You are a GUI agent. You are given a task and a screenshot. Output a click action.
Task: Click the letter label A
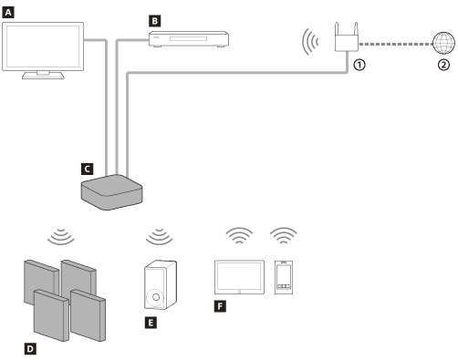[8, 12]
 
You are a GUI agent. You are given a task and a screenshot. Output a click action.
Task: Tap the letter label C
[87, 168]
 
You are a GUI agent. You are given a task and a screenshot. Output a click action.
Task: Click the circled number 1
[359, 65]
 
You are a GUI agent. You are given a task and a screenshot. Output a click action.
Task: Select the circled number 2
[443, 65]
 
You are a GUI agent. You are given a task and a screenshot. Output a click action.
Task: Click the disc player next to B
[189, 38]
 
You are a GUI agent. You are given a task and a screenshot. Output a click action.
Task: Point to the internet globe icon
[442, 43]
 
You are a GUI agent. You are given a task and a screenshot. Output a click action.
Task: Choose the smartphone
[284, 276]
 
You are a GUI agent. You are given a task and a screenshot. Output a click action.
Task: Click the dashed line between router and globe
[394, 43]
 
